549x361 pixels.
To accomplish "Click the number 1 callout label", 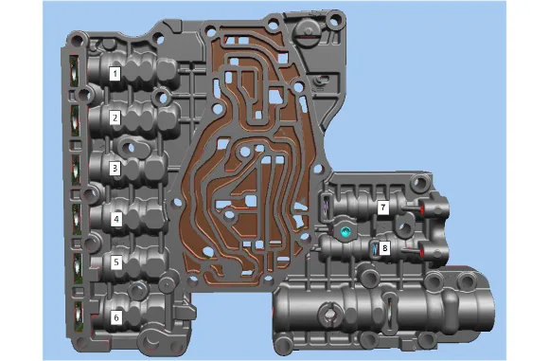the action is click(115, 74).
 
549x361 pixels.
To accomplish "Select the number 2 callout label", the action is click(115, 117).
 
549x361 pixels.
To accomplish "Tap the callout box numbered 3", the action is click(115, 169).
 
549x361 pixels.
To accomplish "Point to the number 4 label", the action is click(116, 220).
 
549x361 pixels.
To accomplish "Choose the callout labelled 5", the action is click(116, 262).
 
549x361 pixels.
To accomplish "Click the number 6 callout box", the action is click(116, 318).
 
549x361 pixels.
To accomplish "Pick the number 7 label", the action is click(382, 208).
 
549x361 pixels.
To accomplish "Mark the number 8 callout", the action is click(385, 248).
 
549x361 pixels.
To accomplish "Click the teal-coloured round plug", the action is click(345, 231).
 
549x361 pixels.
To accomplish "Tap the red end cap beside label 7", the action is click(422, 210).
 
